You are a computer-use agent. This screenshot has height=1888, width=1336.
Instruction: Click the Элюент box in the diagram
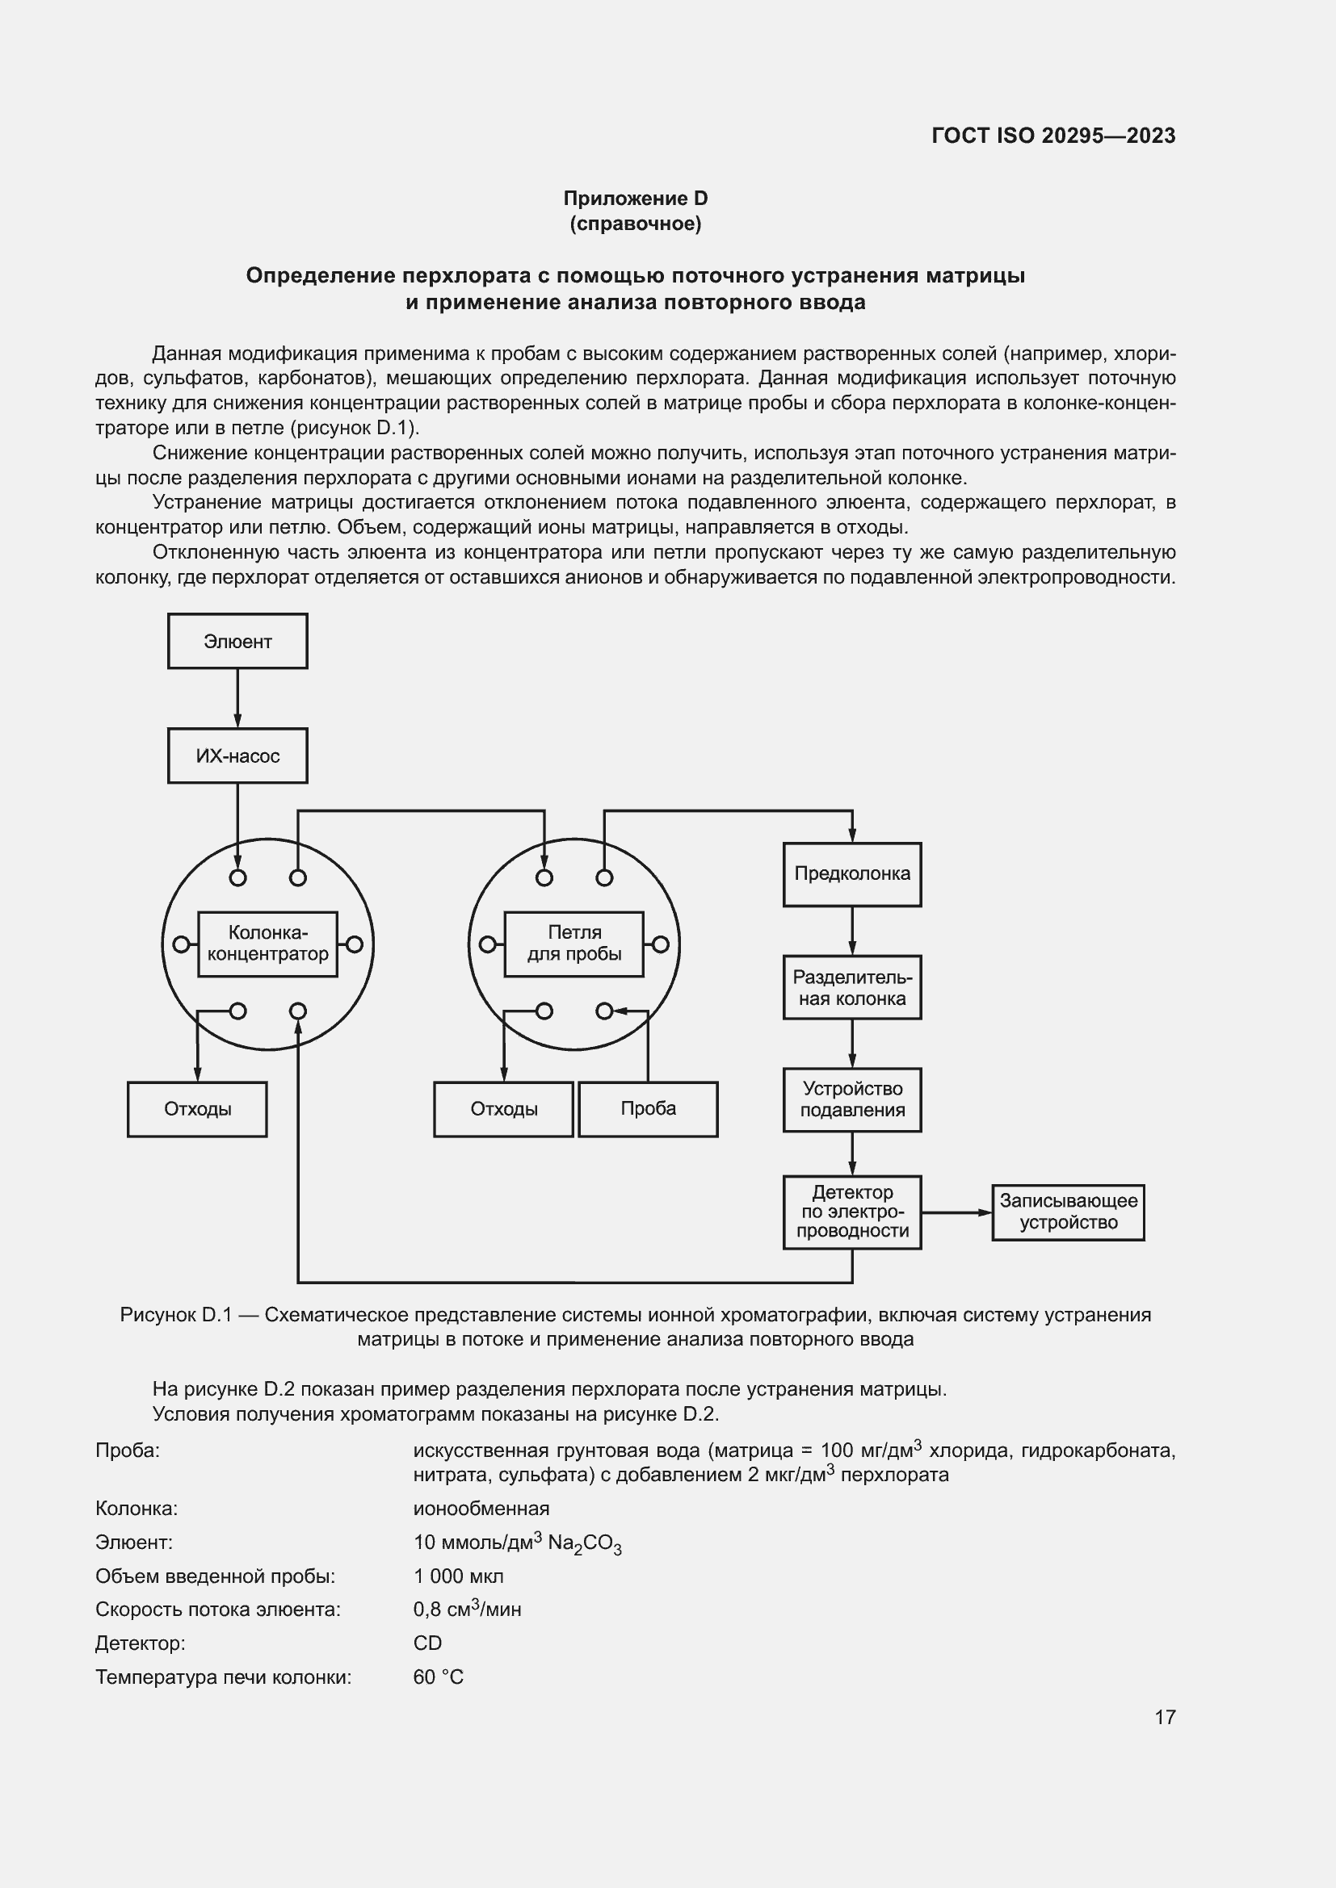(x=237, y=642)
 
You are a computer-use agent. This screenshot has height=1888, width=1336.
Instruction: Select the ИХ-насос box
(x=237, y=756)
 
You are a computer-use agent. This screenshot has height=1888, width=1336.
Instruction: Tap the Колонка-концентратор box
(x=267, y=944)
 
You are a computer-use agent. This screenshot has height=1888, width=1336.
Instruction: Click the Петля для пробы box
(x=573, y=944)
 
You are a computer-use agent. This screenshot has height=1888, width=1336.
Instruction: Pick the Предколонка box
(x=852, y=874)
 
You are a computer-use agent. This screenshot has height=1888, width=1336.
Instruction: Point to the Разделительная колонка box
(x=852, y=987)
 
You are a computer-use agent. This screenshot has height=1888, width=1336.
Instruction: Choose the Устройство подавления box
(x=852, y=1100)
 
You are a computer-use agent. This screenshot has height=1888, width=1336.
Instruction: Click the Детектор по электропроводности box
(x=852, y=1212)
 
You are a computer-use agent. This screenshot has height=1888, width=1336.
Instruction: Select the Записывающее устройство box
(x=1068, y=1212)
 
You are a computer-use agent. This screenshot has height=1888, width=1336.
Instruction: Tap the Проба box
(x=649, y=1109)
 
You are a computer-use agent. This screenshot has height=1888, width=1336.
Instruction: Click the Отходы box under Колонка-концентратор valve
(x=197, y=1109)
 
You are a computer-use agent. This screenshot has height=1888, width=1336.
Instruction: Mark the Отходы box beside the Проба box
(x=503, y=1109)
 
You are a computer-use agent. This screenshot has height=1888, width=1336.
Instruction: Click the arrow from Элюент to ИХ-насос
(x=237, y=698)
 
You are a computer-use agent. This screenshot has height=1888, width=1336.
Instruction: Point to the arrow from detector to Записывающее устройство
(x=956, y=1212)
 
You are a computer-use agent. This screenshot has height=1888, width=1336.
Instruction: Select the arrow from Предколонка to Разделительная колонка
(x=852, y=931)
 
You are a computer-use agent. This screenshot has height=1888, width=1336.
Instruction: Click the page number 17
(x=1165, y=1717)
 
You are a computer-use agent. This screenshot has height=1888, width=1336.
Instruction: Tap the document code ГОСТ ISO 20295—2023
(x=1053, y=136)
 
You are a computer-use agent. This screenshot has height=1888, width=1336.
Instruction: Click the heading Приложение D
(x=635, y=199)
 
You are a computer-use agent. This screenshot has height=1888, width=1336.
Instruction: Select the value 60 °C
(x=439, y=1677)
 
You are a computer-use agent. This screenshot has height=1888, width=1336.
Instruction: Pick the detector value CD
(x=428, y=1643)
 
